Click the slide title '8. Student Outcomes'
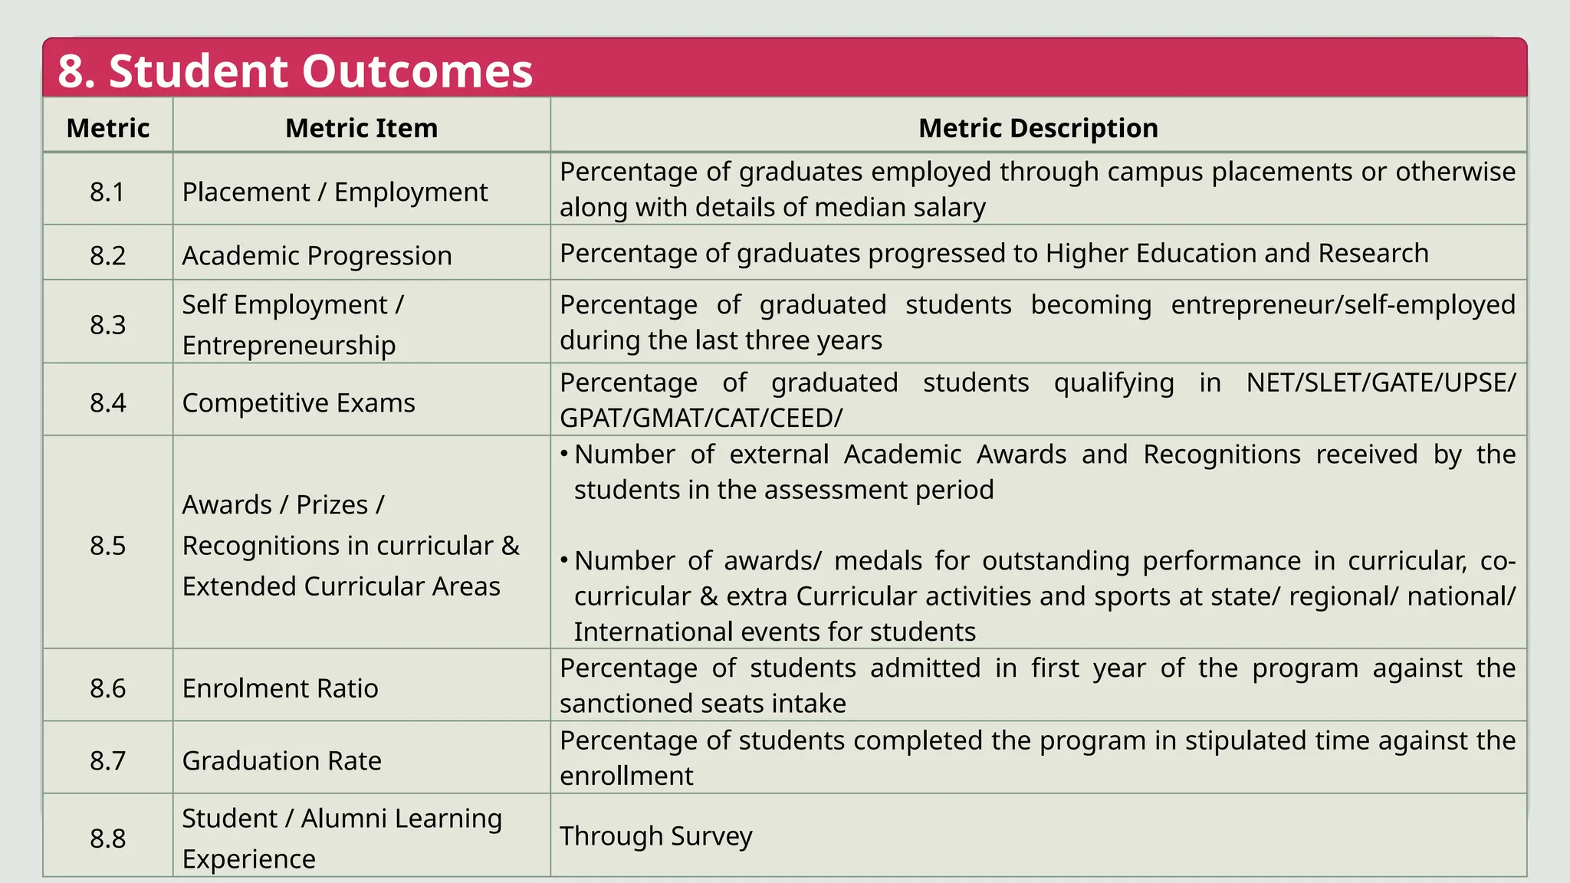[295, 71]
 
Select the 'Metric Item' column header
[361, 128]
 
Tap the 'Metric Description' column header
[1038, 128]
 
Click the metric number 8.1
[107, 192]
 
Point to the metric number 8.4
[107, 402]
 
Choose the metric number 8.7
[107, 760]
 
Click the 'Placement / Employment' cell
[334, 192]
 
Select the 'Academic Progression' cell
[317, 255]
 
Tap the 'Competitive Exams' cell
[298, 402]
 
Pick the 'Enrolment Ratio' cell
[280, 688]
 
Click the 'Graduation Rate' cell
[281, 760]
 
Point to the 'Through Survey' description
[655, 835]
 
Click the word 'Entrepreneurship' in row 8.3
[288, 345]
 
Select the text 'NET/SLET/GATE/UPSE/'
[1381, 382]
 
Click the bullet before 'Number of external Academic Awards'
[564, 455]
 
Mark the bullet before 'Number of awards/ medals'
[564, 561]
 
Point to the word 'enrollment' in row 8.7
[626, 776]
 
